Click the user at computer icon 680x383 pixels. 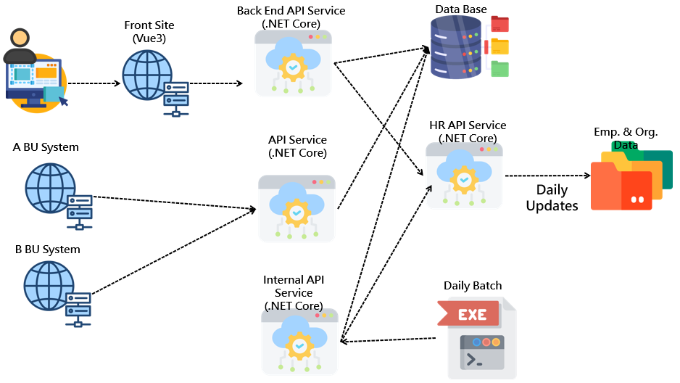tap(36, 70)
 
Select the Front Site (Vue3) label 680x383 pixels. tap(149, 32)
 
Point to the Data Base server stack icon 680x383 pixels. tap(456, 47)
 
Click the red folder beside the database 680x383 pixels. tap(499, 24)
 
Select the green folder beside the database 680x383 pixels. tap(499, 69)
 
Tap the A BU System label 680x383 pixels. tap(46, 147)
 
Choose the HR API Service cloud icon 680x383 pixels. tap(463, 174)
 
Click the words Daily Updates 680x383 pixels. tap(552, 197)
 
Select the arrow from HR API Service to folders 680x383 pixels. tap(547, 176)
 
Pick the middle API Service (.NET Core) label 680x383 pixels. tap(297, 147)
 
